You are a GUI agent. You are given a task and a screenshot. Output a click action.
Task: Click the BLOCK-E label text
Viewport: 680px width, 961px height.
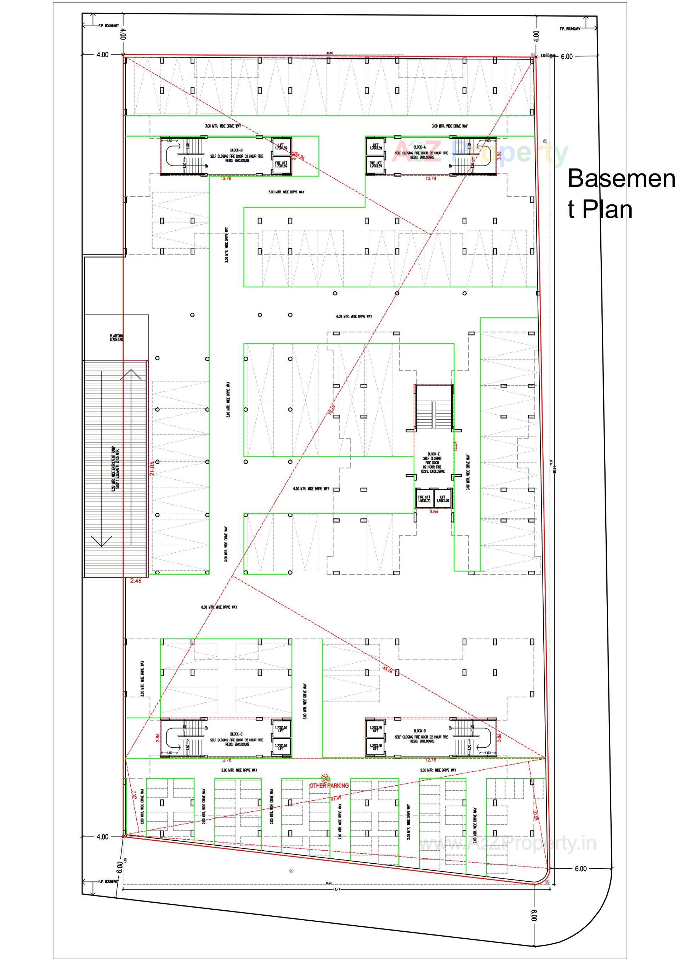[433, 454]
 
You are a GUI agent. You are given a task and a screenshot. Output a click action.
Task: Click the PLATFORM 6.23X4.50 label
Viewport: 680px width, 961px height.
[117, 338]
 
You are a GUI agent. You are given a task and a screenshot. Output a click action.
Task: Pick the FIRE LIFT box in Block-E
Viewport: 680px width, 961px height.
[424, 499]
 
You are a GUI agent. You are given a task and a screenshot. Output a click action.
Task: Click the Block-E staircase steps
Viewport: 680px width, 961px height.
[433, 408]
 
